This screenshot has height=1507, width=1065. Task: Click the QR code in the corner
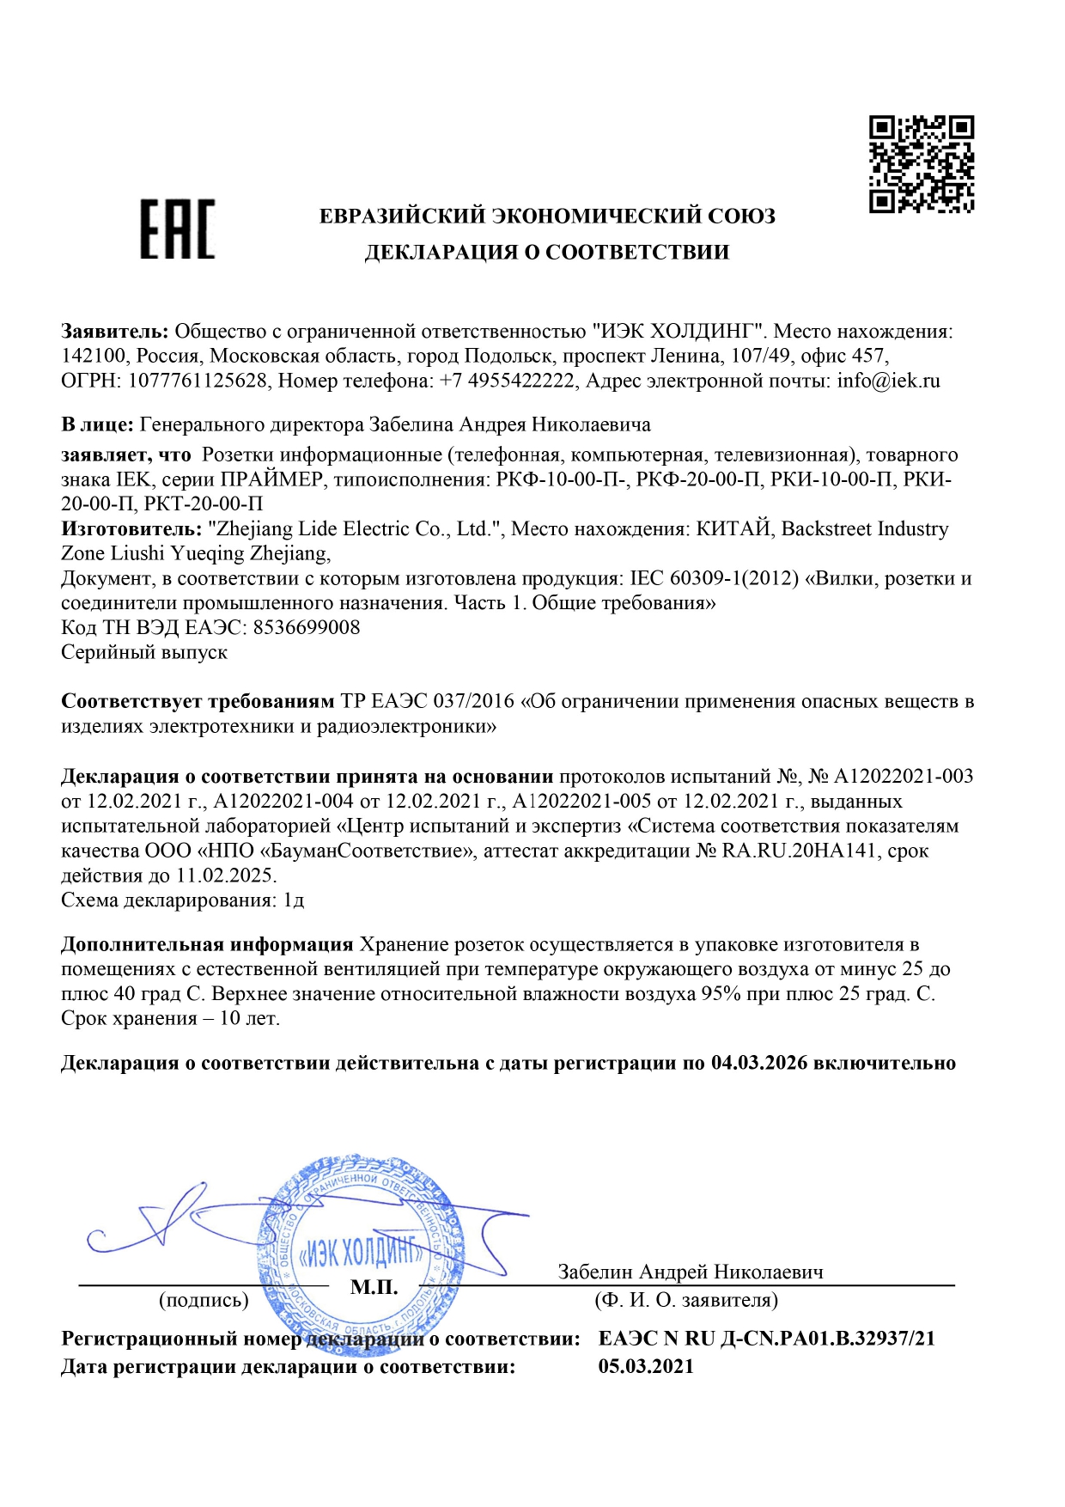click(x=922, y=164)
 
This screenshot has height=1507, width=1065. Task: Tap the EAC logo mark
click(x=178, y=229)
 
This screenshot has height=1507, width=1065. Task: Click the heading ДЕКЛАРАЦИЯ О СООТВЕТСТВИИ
click(x=547, y=253)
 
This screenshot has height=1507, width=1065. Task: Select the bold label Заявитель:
click(x=115, y=332)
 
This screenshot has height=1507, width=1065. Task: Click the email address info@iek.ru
click(x=888, y=381)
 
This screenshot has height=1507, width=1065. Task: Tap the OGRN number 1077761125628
click(x=198, y=381)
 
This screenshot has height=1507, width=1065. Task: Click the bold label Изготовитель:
click(x=131, y=529)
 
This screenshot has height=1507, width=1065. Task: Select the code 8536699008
click(x=307, y=627)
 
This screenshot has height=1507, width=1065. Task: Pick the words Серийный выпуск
click(x=144, y=652)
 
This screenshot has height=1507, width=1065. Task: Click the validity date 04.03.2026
click(x=759, y=1063)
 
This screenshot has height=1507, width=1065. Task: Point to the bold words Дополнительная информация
click(x=207, y=944)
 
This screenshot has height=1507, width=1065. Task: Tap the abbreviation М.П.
click(x=374, y=1287)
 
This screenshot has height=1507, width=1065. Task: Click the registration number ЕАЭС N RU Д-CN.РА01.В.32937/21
click(x=766, y=1338)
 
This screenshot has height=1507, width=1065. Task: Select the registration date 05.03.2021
click(x=646, y=1366)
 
